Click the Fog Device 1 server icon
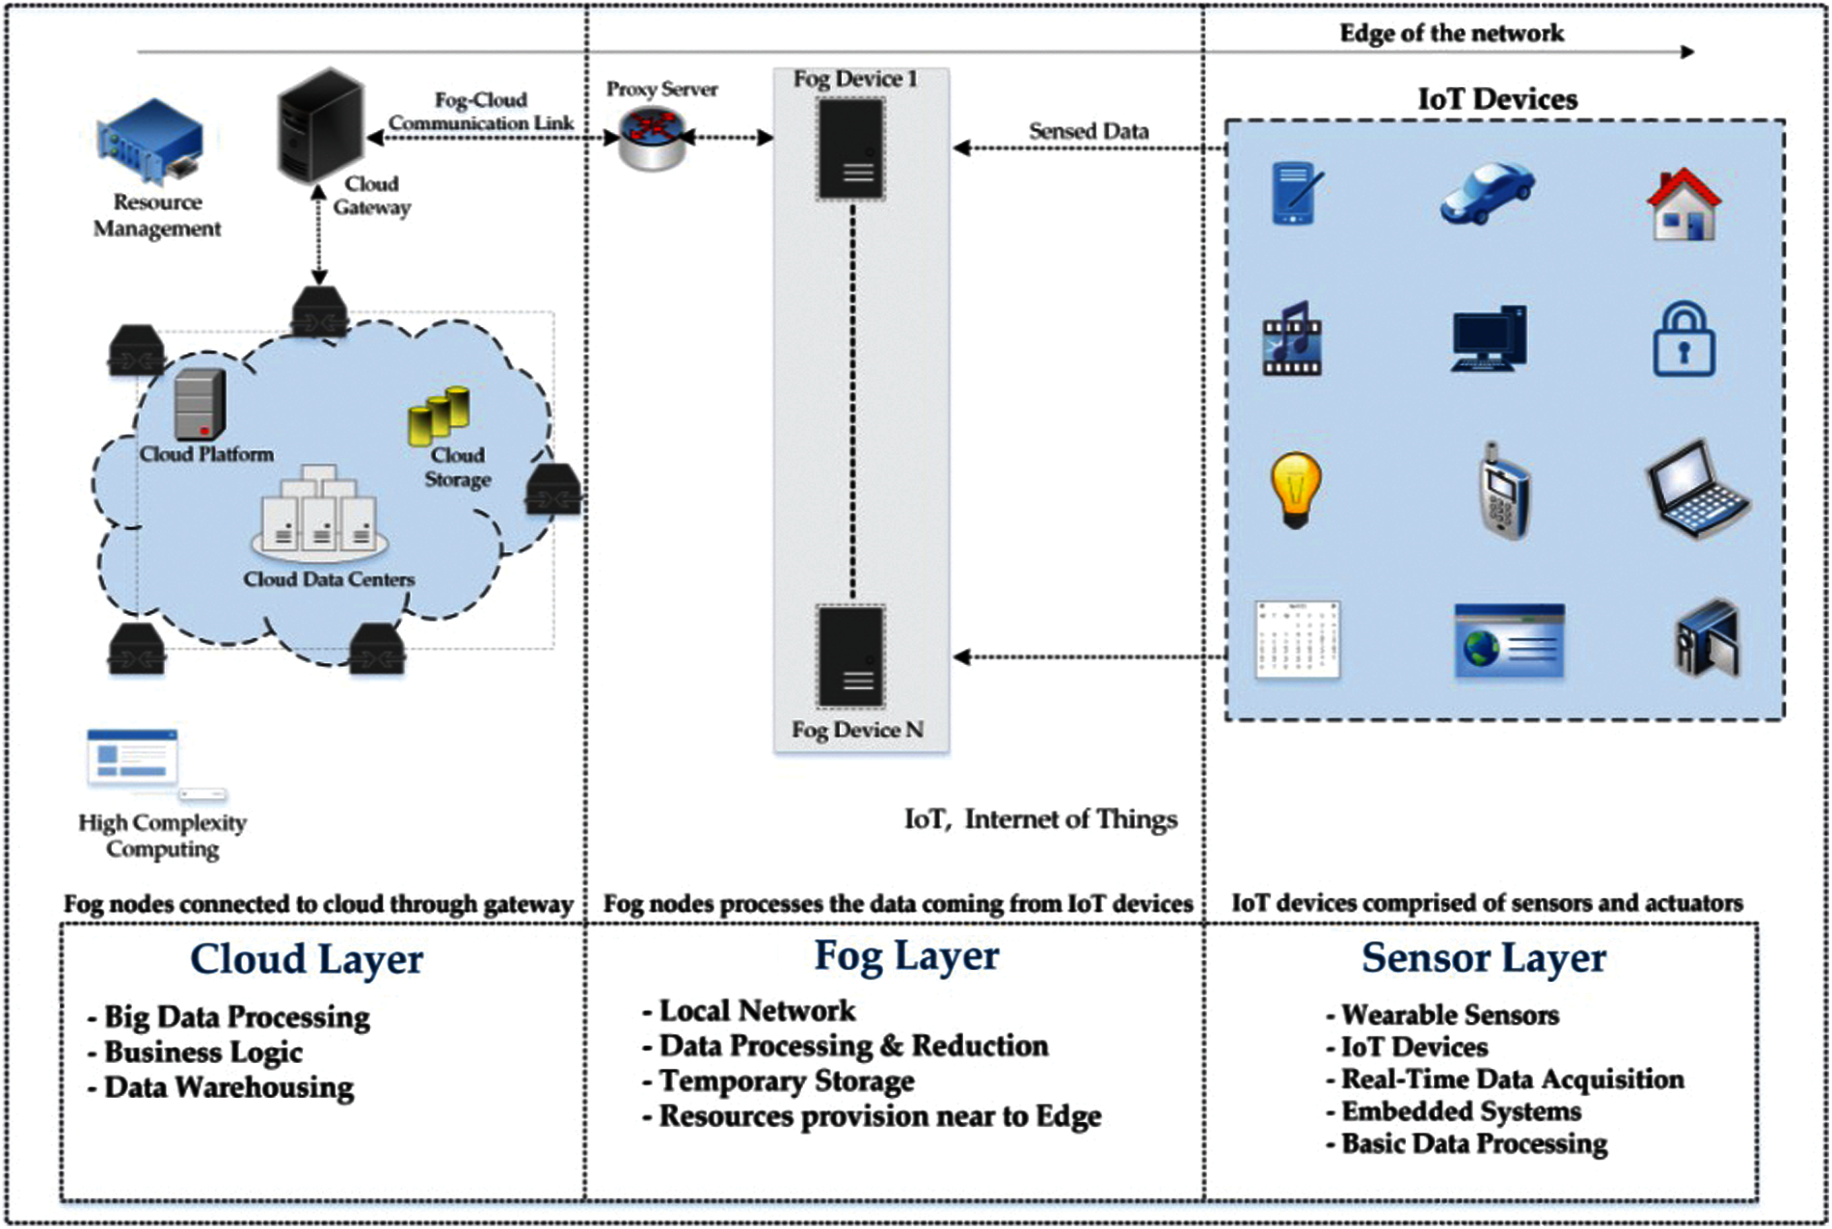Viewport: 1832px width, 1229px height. (851, 149)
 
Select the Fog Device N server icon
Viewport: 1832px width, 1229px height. (851, 657)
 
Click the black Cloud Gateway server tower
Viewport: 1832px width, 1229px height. (321, 125)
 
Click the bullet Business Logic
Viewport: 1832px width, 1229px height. (203, 1052)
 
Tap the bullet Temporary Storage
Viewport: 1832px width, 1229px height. (786, 1081)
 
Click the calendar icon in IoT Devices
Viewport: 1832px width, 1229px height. (1297, 639)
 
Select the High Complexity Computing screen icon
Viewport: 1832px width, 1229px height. (133, 758)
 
